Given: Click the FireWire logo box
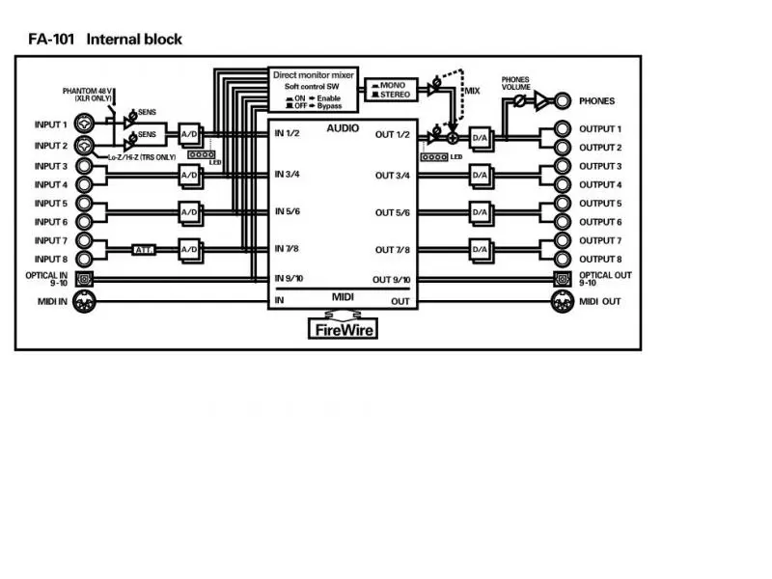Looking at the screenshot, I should click(x=343, y=329).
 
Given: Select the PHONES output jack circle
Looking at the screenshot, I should click(x=562, y=100).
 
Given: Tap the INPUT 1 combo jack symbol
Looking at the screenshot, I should click(x=85, y=125).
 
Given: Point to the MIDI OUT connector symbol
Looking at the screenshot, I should click(x=562, y=302).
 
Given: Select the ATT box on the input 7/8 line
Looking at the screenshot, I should click(x=144, y=250).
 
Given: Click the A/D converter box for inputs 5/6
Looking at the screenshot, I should click(x=189, y=212).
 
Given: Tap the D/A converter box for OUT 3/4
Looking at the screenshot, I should click(x=480, y=175).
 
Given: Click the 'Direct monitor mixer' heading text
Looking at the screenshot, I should click(x=314, y=74).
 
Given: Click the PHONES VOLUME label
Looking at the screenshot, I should click(x=522, y=83).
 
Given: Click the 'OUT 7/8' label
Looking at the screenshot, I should click(x=392, y=250).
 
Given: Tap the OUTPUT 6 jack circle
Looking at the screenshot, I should click(x=562, y=222).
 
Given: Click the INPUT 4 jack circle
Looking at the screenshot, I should click(x=85, y=184).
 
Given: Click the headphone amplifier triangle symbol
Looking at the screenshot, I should click(x=541, y=100).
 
